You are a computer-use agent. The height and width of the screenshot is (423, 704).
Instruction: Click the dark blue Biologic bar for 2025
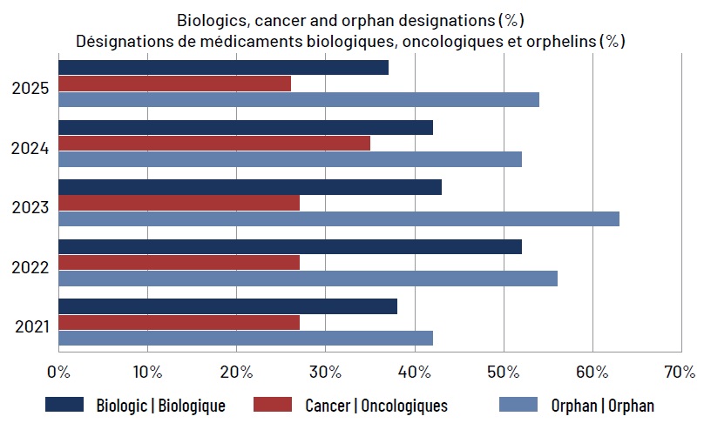point(224,67)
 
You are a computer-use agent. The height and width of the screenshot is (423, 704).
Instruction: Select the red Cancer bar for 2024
point(214,144)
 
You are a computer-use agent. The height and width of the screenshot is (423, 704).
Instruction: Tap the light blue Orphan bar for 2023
point(339,219)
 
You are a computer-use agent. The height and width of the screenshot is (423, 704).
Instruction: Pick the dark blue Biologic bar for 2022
point(290,246)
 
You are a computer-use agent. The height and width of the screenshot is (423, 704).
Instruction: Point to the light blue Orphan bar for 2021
point(246,339)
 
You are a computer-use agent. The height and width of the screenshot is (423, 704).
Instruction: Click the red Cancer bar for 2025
point(174,84)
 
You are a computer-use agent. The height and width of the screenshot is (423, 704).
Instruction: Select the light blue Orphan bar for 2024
point(290,159)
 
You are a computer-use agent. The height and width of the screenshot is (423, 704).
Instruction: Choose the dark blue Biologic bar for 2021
point(228,306)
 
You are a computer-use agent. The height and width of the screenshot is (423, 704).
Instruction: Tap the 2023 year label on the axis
point(30,208)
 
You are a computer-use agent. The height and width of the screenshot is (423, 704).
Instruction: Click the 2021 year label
point(32,326)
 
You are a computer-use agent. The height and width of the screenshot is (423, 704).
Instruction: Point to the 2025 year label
point(30,89)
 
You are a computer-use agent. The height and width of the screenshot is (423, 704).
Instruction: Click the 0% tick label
point(59,372)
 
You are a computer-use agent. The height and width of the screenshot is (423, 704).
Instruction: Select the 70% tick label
point(680,372)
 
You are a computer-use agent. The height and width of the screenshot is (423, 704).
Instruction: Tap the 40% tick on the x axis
point(415,372)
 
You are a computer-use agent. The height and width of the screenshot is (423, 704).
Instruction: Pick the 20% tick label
point(237,372)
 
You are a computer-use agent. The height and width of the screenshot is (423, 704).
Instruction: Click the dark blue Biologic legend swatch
point(64,404)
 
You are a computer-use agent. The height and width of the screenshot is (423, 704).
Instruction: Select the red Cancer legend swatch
point(273,404)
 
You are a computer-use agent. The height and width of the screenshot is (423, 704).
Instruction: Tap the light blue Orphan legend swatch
point(518,404)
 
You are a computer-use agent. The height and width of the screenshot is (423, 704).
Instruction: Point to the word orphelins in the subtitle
point(561,41)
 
